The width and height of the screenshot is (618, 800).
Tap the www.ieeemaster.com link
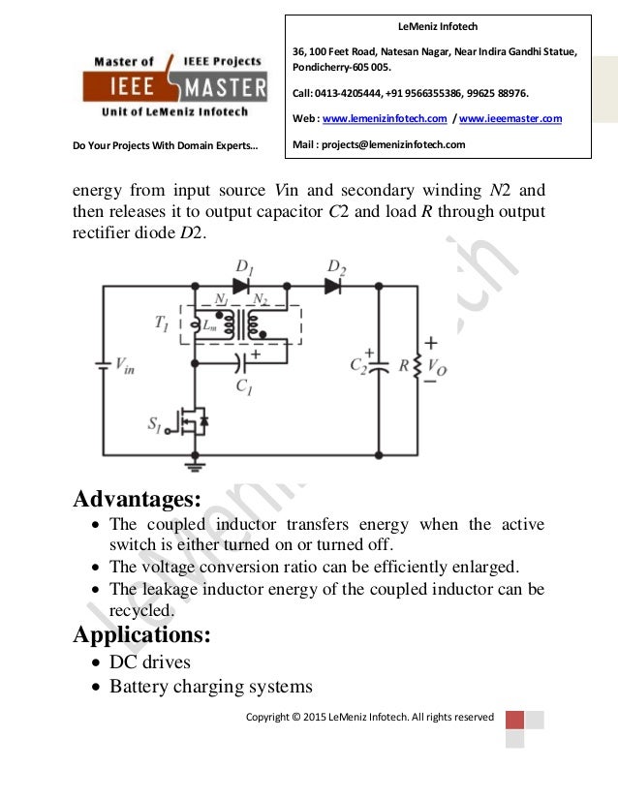coord(510,118)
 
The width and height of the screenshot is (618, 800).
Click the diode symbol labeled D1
coord(240,286)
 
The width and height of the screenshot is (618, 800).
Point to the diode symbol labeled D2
coord(332,286)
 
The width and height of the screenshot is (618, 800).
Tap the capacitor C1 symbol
coord(242,364)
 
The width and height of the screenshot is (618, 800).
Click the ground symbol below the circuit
coord(195,466)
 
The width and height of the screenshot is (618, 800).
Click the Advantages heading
coord(138,501)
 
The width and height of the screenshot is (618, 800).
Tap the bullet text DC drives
coord(150,662)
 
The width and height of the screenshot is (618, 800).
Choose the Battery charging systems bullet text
coord(210,687)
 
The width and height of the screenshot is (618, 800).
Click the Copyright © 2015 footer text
coord(369,717)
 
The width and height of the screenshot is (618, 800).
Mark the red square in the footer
coord(514,720)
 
